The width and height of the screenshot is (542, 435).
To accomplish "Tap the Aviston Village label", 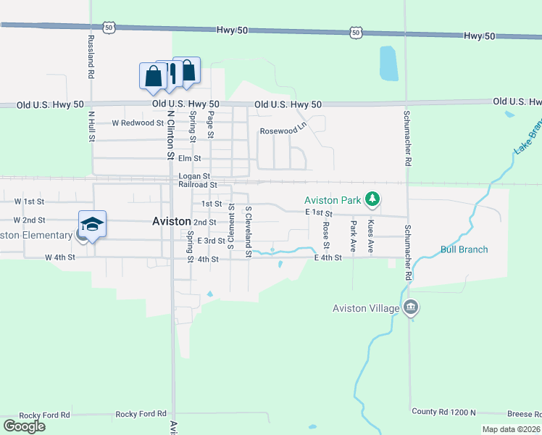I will [366, 308].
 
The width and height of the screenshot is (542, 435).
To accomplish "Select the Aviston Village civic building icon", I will [411, 307].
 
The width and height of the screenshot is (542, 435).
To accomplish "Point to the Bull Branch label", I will [464, 249].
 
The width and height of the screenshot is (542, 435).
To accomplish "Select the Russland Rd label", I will [91, 57].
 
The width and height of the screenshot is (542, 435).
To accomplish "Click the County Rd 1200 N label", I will [443, 412].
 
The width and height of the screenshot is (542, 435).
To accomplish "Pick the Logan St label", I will [194, 176].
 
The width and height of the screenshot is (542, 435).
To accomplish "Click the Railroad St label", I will [198, 185].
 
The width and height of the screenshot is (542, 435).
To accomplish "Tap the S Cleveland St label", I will [248, 228].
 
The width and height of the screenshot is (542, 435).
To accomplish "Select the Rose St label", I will [326, 233].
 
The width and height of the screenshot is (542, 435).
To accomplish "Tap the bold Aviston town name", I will [172, 222].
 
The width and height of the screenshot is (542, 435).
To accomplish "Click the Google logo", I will [24, 426].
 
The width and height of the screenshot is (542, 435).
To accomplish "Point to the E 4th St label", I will [328, 257].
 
